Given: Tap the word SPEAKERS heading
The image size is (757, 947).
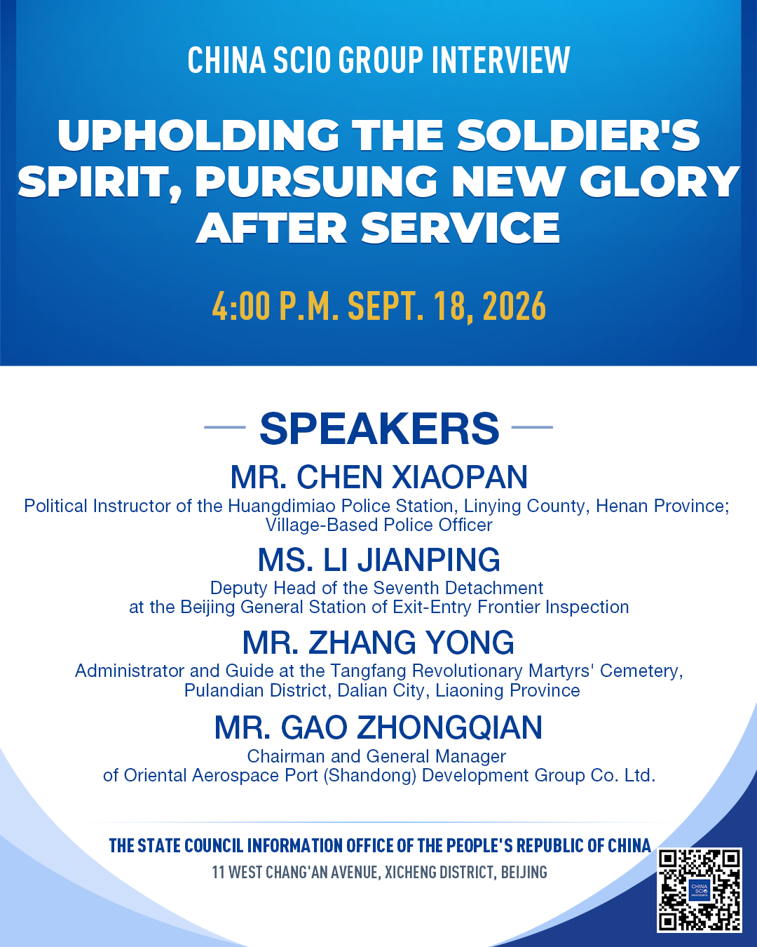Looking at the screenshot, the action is click(x=379, y=428).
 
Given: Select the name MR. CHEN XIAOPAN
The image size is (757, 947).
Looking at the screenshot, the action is click(x=378, y=477).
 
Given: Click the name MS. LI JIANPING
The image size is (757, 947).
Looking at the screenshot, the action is click(x=378, y=560).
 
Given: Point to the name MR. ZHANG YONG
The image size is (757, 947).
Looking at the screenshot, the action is click(x=378, y=643).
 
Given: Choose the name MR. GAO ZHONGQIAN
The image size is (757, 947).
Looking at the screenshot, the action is click(x=378, y=727).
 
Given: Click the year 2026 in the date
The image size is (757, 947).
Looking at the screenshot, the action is click(x=514, y=307).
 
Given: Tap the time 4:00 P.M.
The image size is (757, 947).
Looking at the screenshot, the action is click(x=275, y=306).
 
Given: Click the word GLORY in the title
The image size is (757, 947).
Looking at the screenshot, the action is click(x=660, y=182).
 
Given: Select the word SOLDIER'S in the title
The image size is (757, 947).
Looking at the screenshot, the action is click(x=578, y=135).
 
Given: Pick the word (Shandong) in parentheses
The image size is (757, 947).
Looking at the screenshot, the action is click(x=370, y=776).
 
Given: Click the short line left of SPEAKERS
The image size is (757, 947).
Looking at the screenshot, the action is click(x=225, y=427).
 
